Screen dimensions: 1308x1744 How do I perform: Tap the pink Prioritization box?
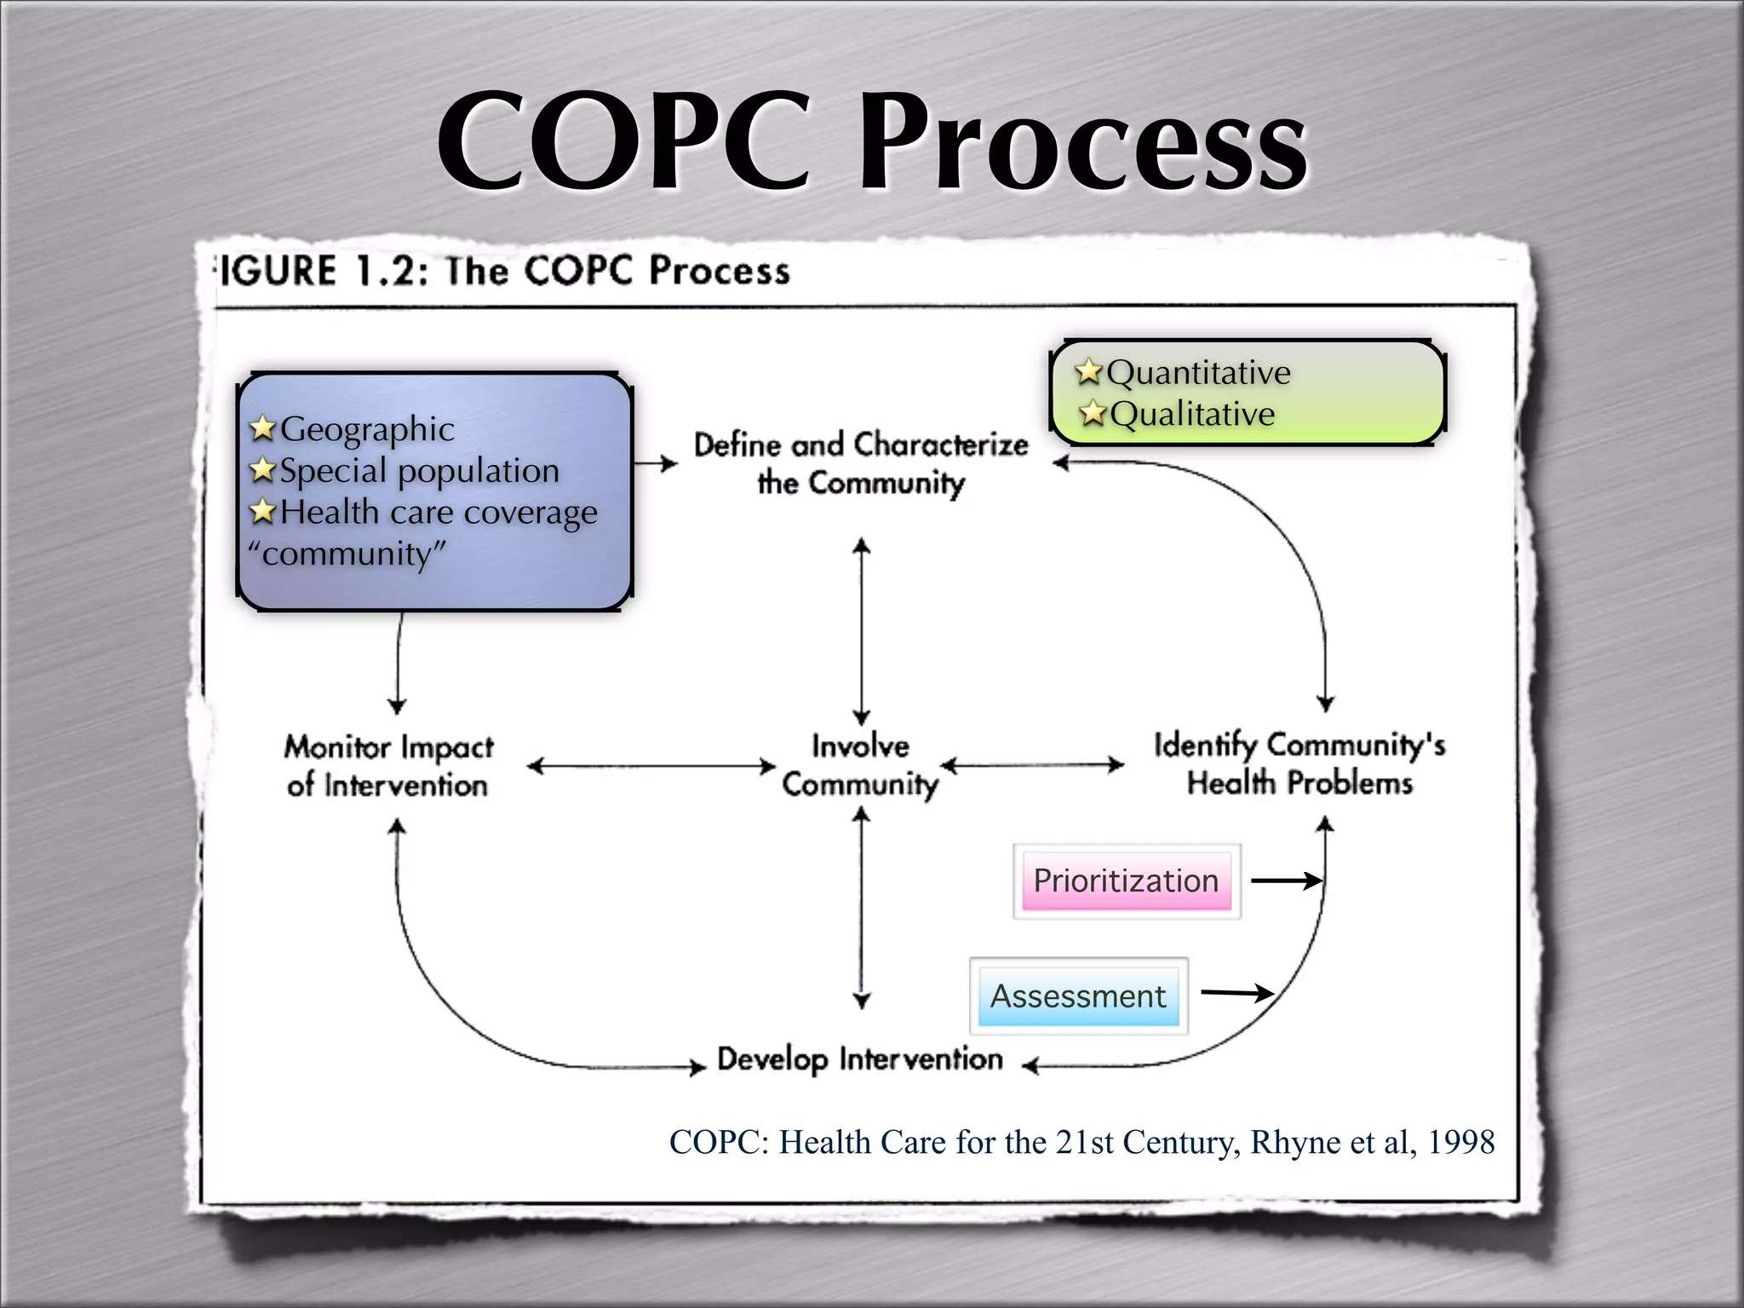coord(1126,881)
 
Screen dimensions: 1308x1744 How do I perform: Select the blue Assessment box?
coord(1078,996)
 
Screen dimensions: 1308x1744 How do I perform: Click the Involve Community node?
coord(860,765)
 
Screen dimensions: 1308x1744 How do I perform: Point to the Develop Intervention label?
coord(860,1060)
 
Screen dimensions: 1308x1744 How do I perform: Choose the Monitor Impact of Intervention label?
coord(388,766)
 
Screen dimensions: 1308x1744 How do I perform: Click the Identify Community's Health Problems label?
coord(1299,764)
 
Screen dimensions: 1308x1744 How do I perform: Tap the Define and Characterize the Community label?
coord(861,463)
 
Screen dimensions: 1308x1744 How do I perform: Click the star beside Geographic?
coord(263,428)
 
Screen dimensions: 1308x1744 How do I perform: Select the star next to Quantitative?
coord(1088,371)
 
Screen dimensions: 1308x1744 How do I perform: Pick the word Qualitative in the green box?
coord(1192,415)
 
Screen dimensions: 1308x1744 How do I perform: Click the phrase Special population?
coord(419,471)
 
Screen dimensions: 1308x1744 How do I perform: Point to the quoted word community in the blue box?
coord(347,554)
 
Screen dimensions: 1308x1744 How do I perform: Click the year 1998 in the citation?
coord(1460,1143)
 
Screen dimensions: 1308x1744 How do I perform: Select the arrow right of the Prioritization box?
coord(1286,881)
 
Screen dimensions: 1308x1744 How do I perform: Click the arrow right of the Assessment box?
coord(1236,993)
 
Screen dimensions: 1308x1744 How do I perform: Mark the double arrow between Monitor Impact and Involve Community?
coord(651,766)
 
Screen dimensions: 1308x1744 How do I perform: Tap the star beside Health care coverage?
coord(263,512)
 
